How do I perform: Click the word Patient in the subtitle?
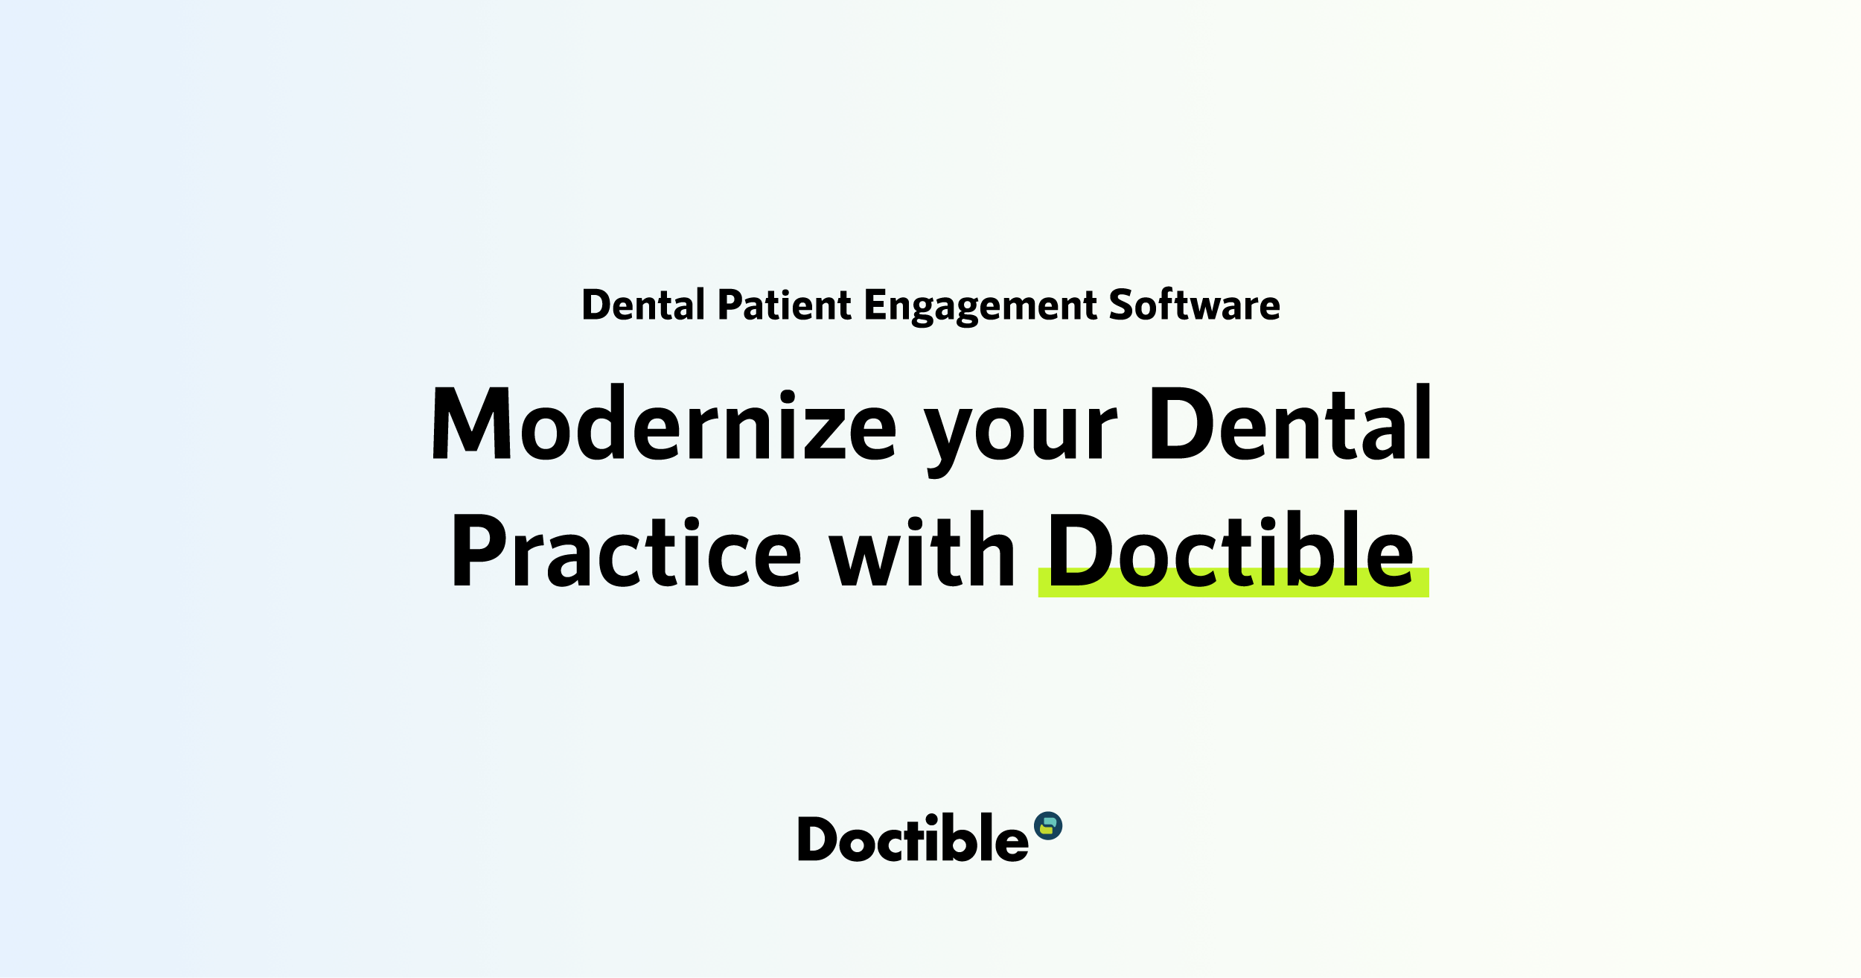[784, 305]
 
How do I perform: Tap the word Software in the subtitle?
[1194, 305]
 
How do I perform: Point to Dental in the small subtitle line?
[643, 305]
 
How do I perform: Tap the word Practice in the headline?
[626, 551]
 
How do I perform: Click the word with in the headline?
[922, 551]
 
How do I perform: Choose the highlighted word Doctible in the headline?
[1231, 551]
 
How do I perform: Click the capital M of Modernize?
[471, 423]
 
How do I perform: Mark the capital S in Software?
[1124, 305]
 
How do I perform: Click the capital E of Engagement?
[876, 305]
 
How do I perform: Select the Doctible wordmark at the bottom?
[913, 839]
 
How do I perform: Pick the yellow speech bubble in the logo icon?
[1046, 830]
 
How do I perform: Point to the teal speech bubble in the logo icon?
[1050, 822]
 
